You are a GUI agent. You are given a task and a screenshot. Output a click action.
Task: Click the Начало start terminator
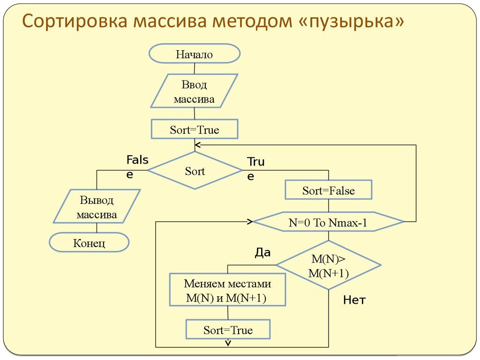[x=194, y=54]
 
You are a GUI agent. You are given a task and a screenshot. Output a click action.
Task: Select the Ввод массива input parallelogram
[x=194, y=92]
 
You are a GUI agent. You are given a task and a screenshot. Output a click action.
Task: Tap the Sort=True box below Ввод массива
[x=194, y=129]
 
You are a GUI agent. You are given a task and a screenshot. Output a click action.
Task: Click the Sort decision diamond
[x=195, y=171]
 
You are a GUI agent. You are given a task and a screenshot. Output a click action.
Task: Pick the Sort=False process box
[x=328, y=191]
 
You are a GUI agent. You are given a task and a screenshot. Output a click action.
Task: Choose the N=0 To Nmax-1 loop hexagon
[x=328, y=222]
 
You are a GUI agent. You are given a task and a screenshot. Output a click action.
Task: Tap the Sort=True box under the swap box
[x=228, y=330]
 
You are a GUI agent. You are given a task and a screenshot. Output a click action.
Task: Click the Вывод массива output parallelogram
[x=97, y=208]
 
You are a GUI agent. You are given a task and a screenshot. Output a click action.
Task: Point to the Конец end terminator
[x=89, y=243]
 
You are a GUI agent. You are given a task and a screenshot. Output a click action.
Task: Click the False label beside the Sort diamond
[x=137, y=166]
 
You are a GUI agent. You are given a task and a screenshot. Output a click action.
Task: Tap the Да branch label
[x=262, y=253]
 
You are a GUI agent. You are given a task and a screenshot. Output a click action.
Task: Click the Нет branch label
[x=354, y=300]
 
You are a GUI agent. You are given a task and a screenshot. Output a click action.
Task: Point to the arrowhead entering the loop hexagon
[x=250, y=221]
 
